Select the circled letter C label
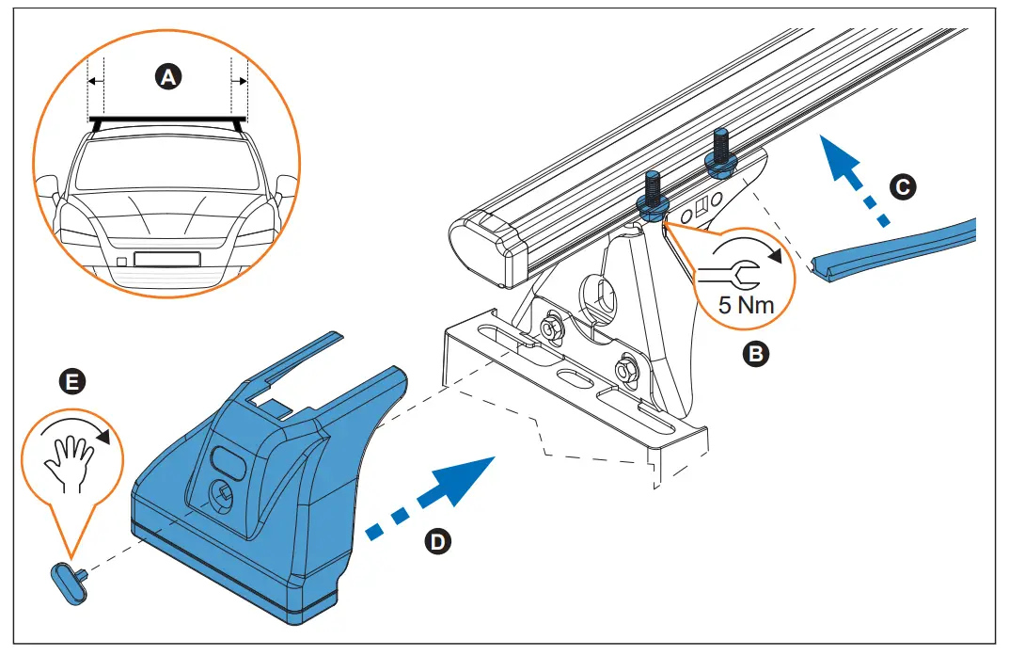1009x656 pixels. (901, 188)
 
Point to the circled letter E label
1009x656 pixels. (69, 381)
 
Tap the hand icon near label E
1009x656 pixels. (71, 459)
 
